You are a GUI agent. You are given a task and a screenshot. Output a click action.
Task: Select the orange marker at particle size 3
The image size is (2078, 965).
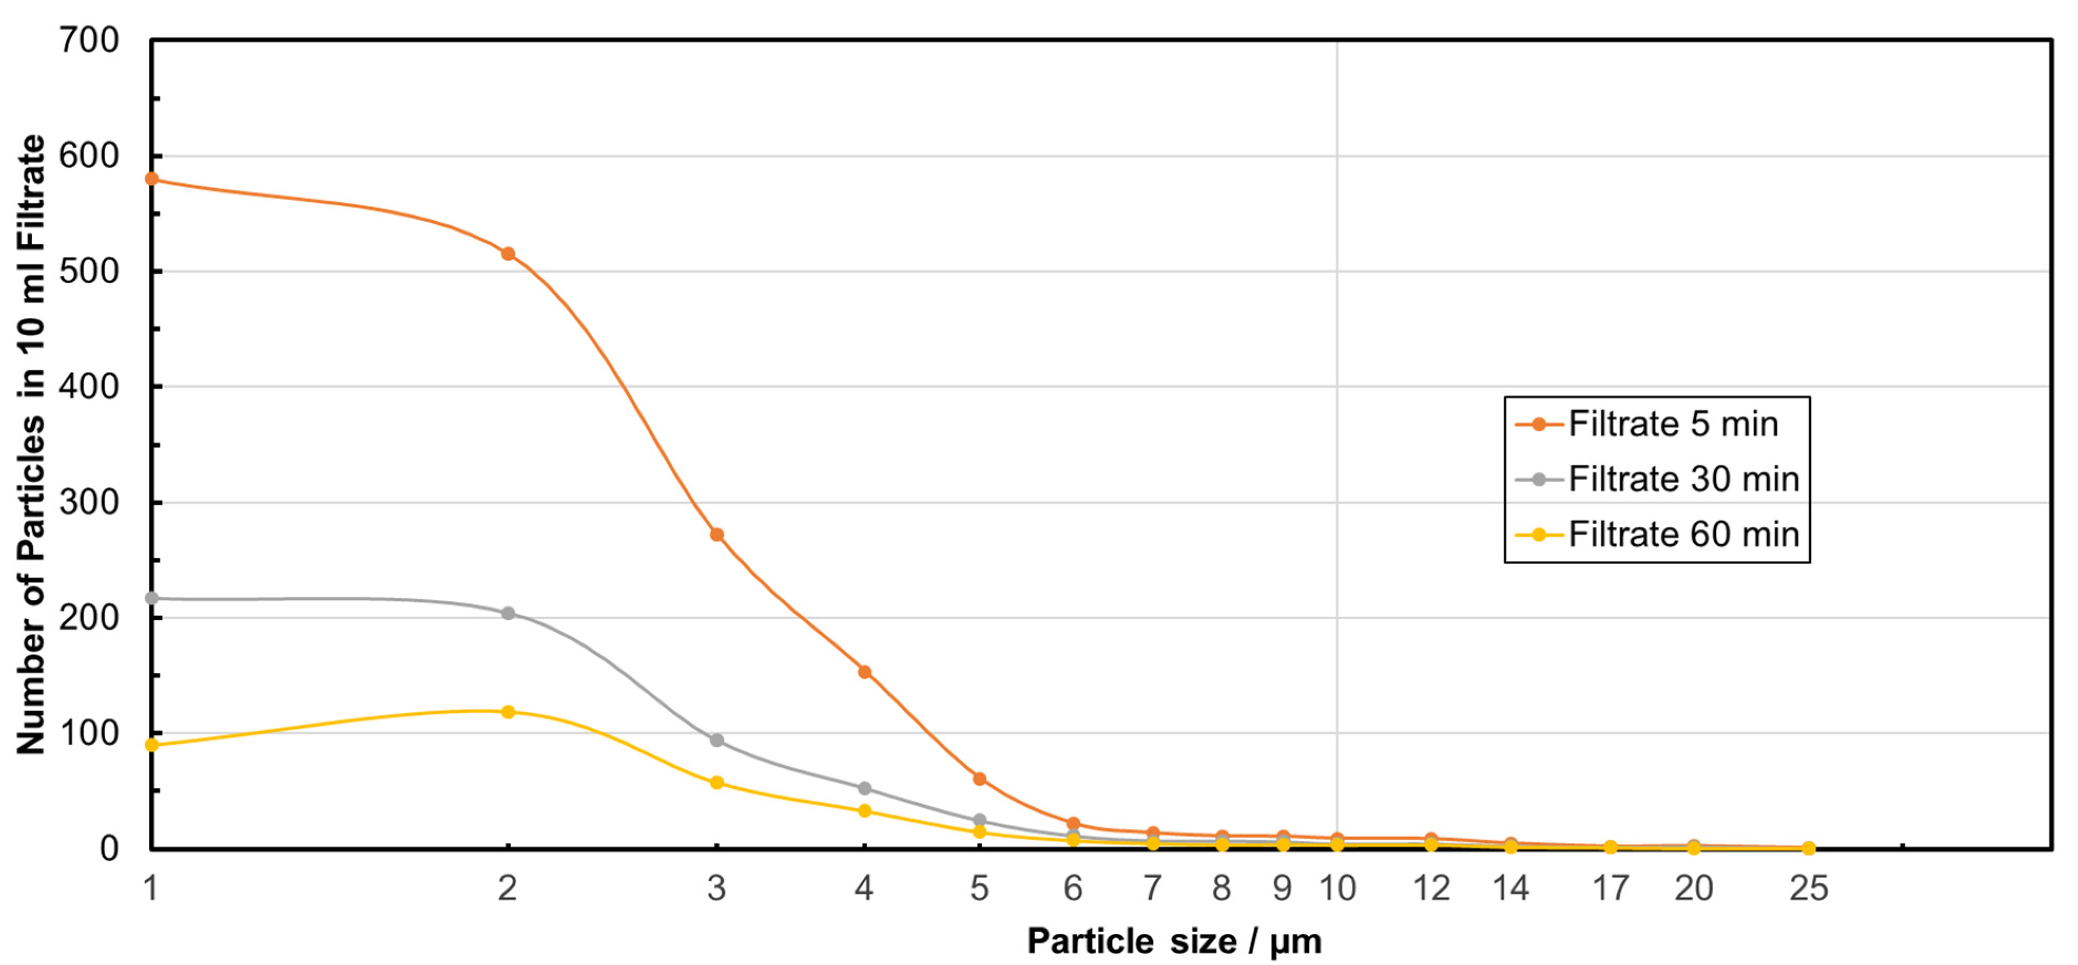[716, 535]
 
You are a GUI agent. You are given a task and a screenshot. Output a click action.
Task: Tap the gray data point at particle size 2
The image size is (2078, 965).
[508, 613]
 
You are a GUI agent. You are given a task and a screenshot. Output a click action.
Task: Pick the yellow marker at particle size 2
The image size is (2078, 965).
[508, 712]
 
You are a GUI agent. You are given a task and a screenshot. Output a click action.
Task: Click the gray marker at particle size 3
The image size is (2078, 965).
[716, 740]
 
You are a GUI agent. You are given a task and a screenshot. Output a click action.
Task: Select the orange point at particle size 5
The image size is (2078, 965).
[979, 779]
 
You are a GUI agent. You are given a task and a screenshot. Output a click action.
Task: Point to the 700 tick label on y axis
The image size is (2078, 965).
[89, 41]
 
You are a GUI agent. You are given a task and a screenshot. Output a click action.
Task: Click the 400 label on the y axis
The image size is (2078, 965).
[89, 387]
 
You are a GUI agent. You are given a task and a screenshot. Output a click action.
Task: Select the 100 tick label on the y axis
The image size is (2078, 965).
[89, 734]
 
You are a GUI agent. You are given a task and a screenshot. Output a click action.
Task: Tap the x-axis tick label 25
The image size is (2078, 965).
[1809, 889]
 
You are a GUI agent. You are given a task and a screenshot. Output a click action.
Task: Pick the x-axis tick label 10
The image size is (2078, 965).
[1337, 889]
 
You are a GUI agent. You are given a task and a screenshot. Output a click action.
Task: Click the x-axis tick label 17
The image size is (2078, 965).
[1610, 889]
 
